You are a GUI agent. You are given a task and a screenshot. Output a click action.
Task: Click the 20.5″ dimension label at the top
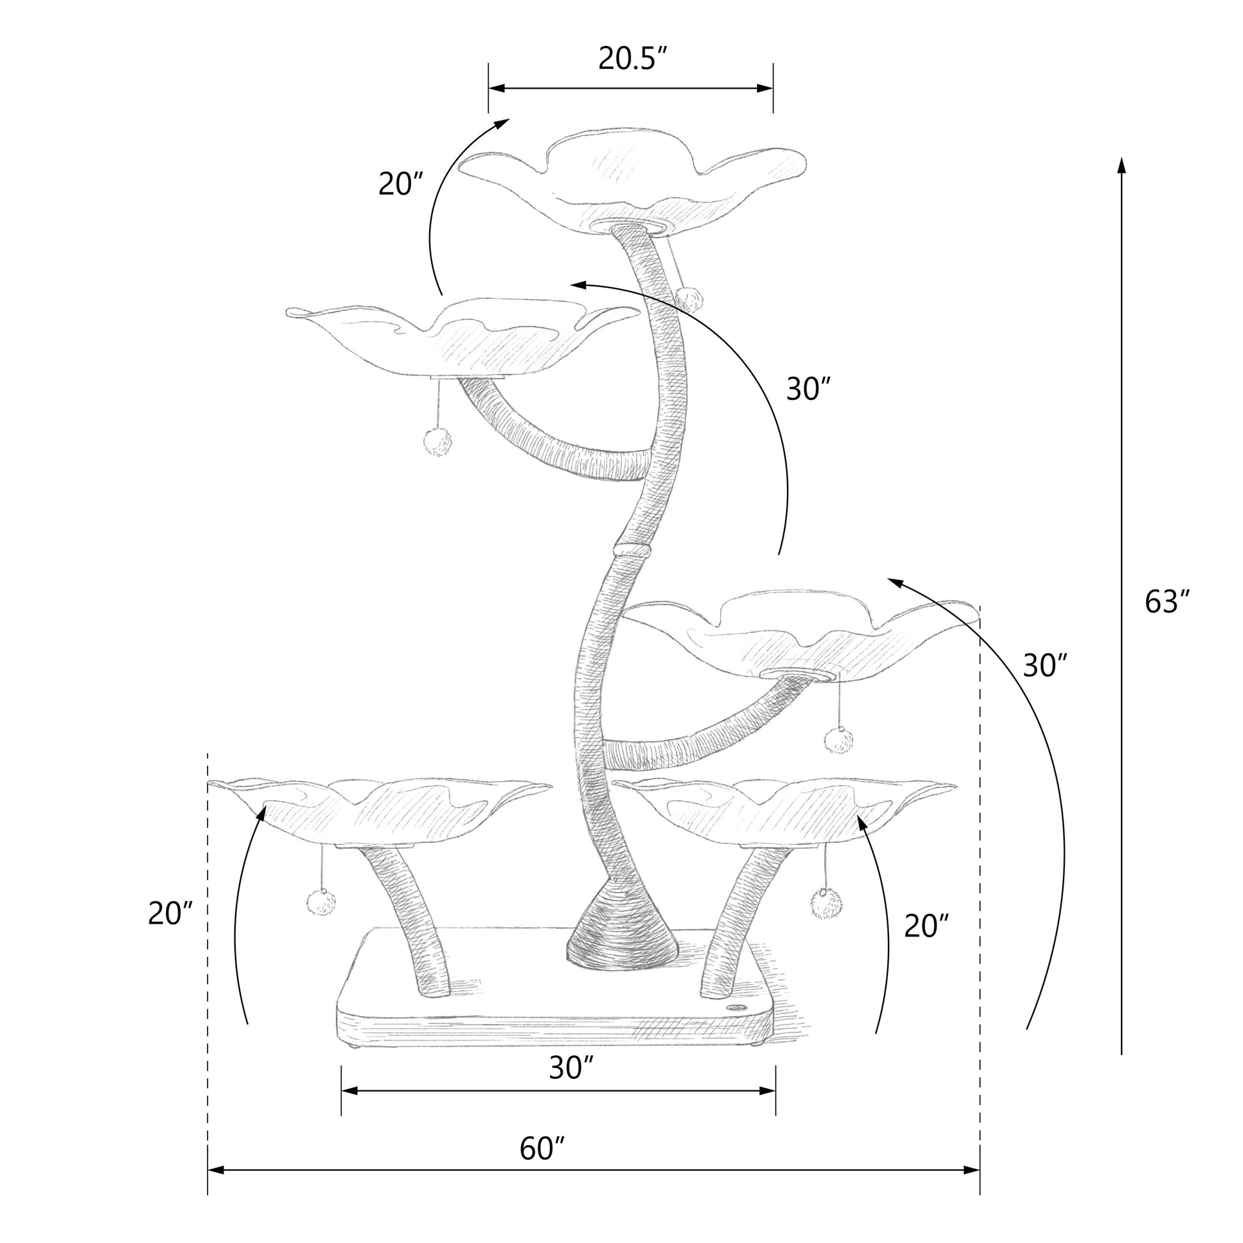click(x=635, y=59)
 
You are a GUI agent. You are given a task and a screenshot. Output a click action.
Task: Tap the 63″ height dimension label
click(x=1167, y=602)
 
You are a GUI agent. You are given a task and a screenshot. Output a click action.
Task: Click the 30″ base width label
click(x=570, y=1069)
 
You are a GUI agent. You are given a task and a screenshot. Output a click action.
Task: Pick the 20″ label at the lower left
click(x=171, y=913)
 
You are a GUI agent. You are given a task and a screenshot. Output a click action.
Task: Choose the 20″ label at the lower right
click(x=927, y=926)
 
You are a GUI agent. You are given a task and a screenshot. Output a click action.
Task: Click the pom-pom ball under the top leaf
click(x=689, y=298)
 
